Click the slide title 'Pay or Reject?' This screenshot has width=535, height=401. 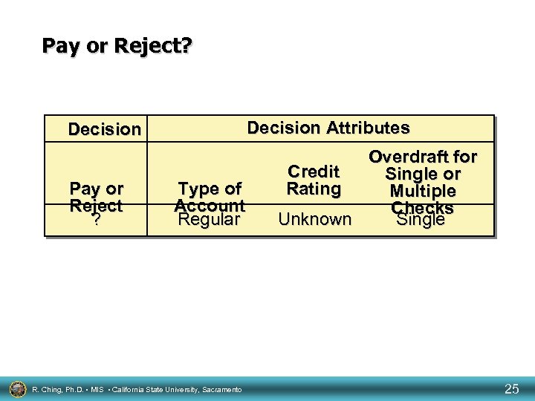click(x=117, y=46)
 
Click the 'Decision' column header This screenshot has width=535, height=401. click(x=104, y=129)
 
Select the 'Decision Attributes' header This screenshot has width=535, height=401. click(x=328, y=128)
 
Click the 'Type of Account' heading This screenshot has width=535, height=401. click(x=210, y=197)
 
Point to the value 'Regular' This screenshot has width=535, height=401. click(x=210, y=220)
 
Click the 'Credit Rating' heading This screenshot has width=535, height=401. click(x=314, y=180)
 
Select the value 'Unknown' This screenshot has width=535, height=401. click(x=314, y=219)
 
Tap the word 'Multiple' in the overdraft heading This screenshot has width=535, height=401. click(x=423, y=191)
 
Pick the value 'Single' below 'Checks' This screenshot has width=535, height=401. click(x=421, y=220)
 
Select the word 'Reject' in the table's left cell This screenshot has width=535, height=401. click(x=96, y=205)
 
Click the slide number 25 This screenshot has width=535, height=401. click(x=512, y=388)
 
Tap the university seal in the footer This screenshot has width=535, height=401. click(x=17, y=388)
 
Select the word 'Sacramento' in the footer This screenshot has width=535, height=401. click(x=221, y=389)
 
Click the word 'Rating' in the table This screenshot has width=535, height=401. click(x=314, y=189)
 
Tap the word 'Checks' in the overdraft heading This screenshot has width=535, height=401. click(x=422, y=207)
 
